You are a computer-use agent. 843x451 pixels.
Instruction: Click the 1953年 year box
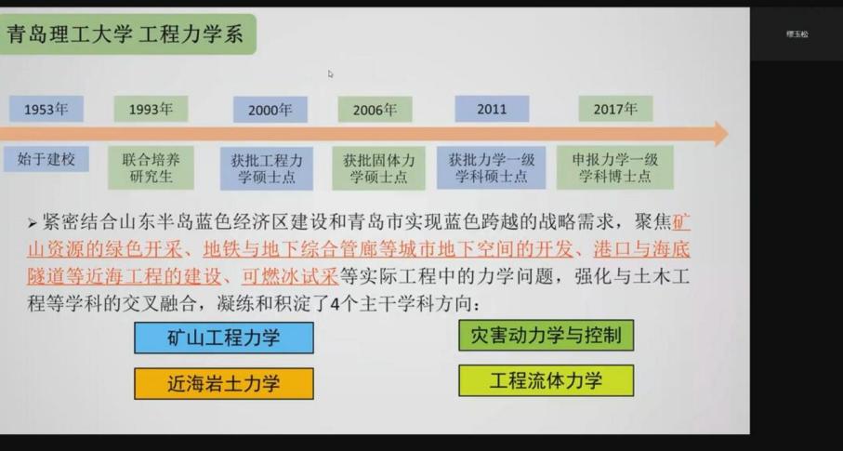[46, 109]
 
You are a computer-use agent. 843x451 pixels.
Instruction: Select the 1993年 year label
[151, 109]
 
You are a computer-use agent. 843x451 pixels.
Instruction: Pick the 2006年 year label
[375, 110]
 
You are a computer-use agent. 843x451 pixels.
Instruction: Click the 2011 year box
[492, 109]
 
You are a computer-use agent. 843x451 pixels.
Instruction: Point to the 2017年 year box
[615, 109]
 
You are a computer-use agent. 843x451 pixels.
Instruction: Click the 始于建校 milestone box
[46, 159]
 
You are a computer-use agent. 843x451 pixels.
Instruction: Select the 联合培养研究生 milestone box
[151, 167]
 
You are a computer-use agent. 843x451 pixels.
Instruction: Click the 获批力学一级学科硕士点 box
[492, 167]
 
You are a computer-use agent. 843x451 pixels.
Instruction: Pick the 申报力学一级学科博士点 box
[614, 167]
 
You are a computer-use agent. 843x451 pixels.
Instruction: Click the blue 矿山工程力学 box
[223, 338]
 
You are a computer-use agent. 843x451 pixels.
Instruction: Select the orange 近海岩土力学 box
[223, 383]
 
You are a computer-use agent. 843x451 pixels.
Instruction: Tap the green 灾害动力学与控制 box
[546, 336]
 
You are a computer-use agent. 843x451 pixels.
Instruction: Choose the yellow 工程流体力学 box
[546, 380]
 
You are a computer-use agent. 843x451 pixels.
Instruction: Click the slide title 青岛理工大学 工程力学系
[125, 35]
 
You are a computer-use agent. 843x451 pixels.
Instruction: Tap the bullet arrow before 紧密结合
[33, 224]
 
